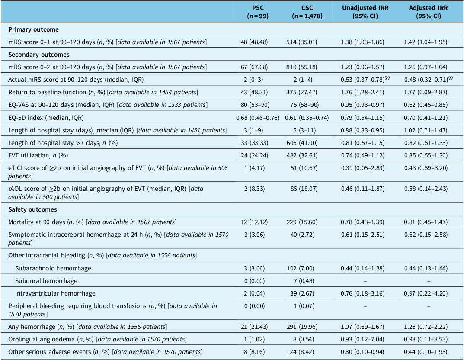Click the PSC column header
pyautogui.click(x=258, y=12)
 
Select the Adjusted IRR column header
pyautogui.click(x=428, y=12)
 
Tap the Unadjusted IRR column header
pyautogui.click(x=365, y=12)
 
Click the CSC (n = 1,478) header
pyautogui.click(x=307, y=12)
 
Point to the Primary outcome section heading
pyautogui.click(x=33, y=29)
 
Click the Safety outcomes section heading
pyautogui.click(x=32, y=209)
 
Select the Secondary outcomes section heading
pyautogui.click(x=39, y=55)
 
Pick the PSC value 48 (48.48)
pyautogui.click(x=254, y=42)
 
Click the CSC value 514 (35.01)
pyautogui.click(x=301, y=42)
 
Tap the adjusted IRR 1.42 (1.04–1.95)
pyautogui.click(x=426, y=42)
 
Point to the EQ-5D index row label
pyautogui.click(x=46, y=118)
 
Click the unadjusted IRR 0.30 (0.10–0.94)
pyautogui.click(x=362, y=352)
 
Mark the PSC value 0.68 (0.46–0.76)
pyautogui.click(x=258, y=118)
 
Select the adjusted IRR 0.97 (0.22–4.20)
pyautogui.click(x=426, y=293)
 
